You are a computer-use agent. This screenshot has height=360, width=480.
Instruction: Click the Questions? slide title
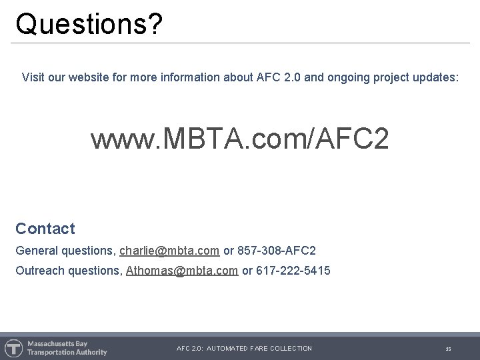coord(89,24)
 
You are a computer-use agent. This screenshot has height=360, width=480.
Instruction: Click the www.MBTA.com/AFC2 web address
coord(239,139)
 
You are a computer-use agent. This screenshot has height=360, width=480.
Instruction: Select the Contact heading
coord(45,229)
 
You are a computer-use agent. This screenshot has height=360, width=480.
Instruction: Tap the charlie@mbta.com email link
coord(169,251)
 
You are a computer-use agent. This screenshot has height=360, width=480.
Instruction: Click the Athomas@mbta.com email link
coord(182,271)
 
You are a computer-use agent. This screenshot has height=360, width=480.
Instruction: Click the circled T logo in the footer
coord(13,348)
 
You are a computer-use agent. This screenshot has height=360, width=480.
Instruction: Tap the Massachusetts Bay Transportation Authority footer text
coord(67,348)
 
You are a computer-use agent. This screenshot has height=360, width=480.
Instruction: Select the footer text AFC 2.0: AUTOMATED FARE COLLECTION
coord(244,349)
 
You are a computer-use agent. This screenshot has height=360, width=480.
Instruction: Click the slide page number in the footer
coord(449,349)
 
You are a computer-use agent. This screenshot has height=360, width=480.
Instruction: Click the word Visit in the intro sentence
coord(33,78)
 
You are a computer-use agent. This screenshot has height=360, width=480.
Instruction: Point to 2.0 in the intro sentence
coord(292,78)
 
